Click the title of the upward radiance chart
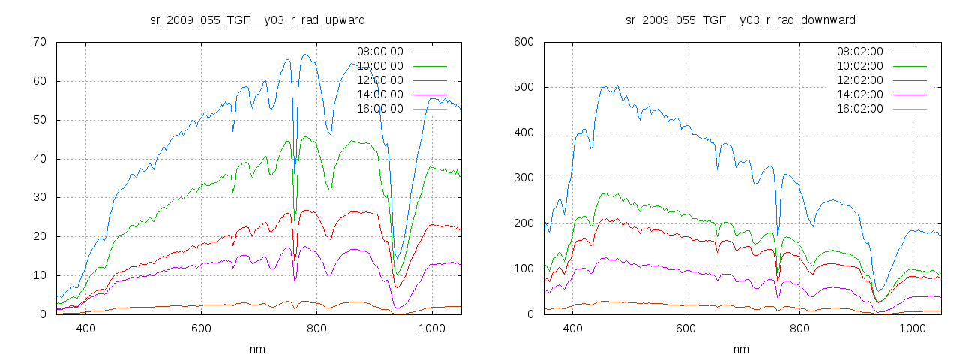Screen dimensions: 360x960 pos(258,19)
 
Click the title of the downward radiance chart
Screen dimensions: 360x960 pos(740,19)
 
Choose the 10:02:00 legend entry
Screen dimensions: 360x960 pos(859,66)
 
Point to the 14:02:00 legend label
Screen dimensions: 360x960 pos(859,94)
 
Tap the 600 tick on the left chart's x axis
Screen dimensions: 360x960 pos(201,328)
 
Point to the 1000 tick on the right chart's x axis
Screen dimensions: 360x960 pos(913,328)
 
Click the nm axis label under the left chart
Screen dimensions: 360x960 pos(258,349)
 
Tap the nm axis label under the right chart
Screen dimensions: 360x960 pos(740,349)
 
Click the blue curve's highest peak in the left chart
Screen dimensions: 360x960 pos(305,55)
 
